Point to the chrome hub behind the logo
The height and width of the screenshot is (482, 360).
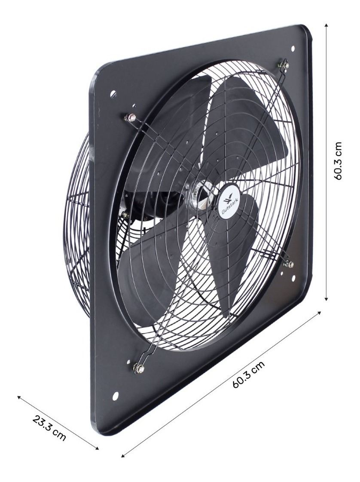tap(203, 194)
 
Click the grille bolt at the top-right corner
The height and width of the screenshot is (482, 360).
tap(283, 65)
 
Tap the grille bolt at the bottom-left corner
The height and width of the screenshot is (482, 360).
tap(138, 368)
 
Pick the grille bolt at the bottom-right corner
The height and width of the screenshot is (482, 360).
tap(289, 264)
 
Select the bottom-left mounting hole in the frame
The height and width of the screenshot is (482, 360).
tap(115, 396)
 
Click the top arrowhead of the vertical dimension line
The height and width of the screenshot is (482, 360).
tap(327, 26)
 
